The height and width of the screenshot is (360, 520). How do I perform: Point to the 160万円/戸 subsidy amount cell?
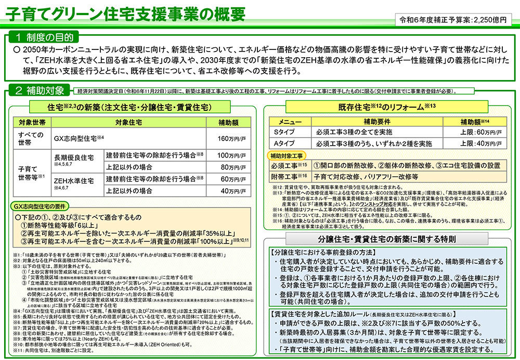(224, 139)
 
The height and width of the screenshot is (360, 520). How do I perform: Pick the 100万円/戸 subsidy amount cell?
(224, 155)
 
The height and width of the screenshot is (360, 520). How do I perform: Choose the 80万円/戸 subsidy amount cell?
(224, 167)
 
